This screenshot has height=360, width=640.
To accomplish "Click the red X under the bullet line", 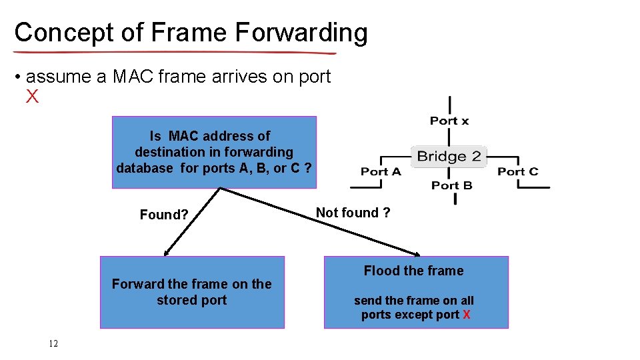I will coord(32,97).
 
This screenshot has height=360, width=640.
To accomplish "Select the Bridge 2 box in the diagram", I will coord(449,157).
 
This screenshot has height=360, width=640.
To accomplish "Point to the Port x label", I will coord(449,121).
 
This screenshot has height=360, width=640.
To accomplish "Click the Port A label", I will coord(381,172).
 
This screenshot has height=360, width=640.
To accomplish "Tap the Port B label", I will coord(451,185).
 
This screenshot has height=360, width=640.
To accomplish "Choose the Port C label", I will coord(518,172).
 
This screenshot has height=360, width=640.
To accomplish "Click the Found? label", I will coord(164,215).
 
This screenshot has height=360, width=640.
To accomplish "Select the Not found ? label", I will coord(353,213).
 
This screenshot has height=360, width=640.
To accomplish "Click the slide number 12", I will coord(53,344).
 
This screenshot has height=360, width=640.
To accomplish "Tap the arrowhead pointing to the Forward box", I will coord(166,254).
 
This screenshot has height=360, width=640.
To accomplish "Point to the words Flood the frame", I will coord(413,271).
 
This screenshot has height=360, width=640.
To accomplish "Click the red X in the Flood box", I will coord(466,315).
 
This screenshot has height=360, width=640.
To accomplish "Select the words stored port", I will coord(192,300).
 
